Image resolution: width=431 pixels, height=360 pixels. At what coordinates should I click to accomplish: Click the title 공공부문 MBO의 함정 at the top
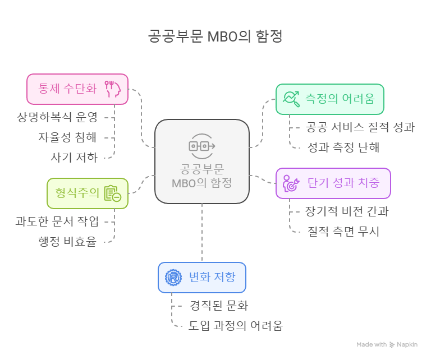[215, 36]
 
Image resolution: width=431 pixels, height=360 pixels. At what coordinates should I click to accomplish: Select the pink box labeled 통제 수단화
[77, 89]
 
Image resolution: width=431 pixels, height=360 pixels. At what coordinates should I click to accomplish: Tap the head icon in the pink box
[113, 89]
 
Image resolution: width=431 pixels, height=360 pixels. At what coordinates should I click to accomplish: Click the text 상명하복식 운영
[57, 117]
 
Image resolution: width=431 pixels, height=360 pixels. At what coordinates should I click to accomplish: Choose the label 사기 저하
[74, 158]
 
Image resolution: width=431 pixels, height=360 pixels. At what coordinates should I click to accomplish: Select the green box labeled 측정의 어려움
[329, 99]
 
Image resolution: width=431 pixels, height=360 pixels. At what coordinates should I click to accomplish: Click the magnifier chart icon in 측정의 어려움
[291, 99]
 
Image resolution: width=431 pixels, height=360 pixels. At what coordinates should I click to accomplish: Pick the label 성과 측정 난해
[343, 147]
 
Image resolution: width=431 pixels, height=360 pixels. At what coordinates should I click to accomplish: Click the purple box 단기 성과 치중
[333, 183]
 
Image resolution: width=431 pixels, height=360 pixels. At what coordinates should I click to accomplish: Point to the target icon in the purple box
[291, 184]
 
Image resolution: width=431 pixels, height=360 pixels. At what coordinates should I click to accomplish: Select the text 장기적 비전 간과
[347, 211]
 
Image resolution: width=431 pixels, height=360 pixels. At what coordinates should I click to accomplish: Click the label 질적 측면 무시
[343, 231]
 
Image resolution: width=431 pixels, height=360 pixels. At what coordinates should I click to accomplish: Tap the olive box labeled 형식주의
[87, 193]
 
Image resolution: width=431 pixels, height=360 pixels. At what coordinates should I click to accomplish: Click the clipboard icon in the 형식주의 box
[112, 193]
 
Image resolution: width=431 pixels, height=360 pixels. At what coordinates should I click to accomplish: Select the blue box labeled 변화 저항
[202, 277]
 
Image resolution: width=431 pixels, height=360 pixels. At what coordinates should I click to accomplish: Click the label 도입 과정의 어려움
[236, 326]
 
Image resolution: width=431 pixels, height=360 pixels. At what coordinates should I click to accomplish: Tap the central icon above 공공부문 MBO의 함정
[201, 146]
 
